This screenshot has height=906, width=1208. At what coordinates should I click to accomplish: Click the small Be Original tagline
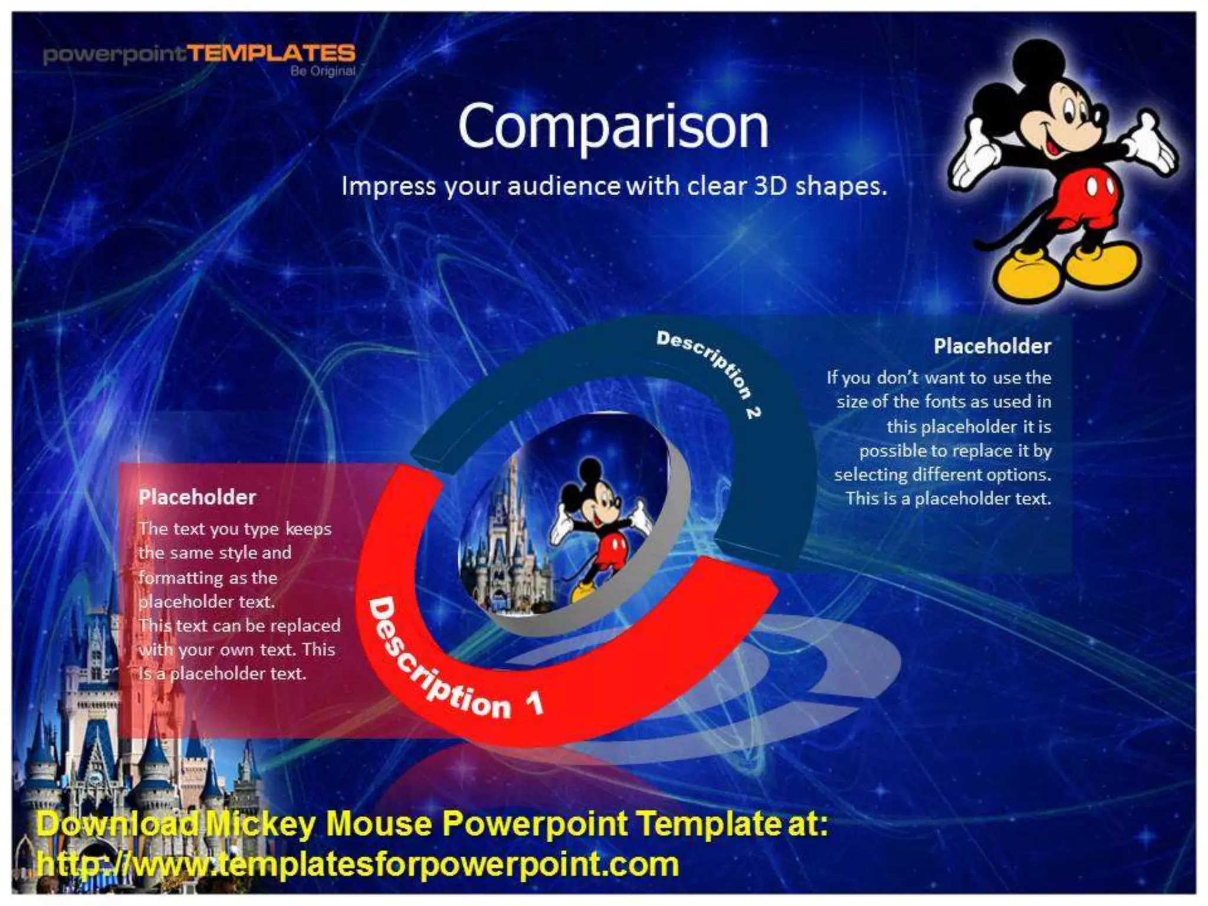click(323, 71)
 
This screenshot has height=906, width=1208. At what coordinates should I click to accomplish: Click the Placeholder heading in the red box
click(197, 497)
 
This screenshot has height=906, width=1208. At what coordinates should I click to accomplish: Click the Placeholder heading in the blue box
click(992, 346)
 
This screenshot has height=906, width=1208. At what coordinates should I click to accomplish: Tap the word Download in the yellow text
click(118, 824)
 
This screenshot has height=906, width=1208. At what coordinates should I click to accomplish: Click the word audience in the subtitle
click(563, 186)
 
